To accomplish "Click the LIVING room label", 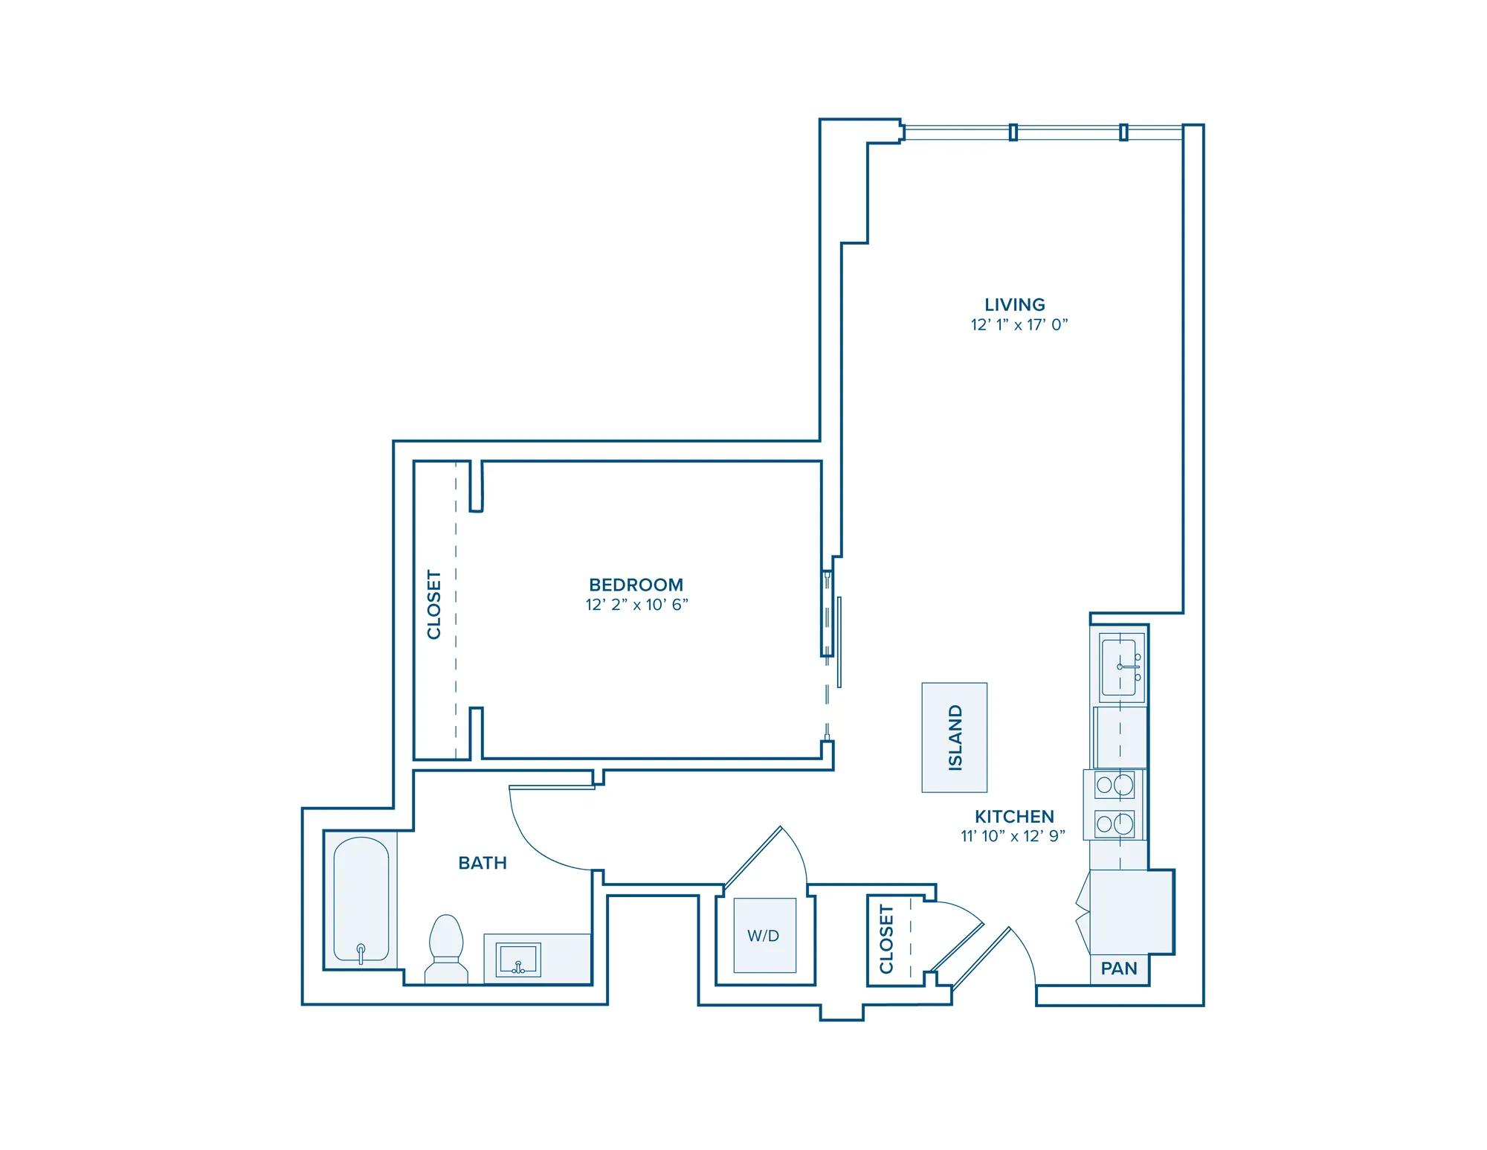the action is click(x=1015, y=304).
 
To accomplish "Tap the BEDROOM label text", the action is click(x=636, y=585).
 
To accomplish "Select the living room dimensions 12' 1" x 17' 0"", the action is click(x=1019, y=325).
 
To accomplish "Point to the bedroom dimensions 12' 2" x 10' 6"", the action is click(x=637, y=605).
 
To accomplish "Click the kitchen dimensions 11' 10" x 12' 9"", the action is click(x=1013, y=836).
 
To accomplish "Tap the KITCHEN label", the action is click(x=1014, y=816).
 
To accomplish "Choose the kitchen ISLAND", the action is click(x=955, y=737).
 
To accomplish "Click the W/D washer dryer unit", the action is click(x=764, y=935).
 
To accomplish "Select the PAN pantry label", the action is click(x=1119, y=968).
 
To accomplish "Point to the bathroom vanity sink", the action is click(x=519, y=960).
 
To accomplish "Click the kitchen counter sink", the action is click(x=1123, y=666).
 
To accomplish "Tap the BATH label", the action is click(x=483, y=863).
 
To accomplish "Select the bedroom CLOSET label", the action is click(x=434, y=604).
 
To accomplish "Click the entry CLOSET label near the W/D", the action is click(x=886, y=939).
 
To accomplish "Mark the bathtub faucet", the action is click(x=361, y=952).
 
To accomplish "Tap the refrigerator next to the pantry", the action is click(x=1132, y=911).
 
